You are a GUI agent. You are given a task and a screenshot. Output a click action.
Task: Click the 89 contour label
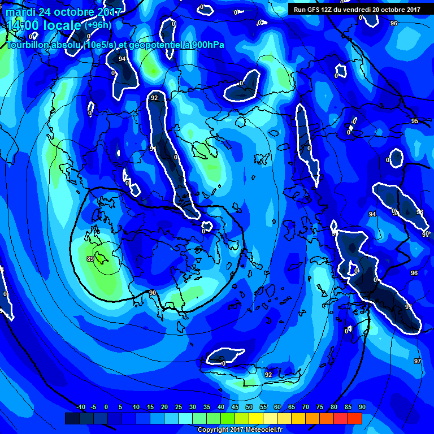[x=90, y=259]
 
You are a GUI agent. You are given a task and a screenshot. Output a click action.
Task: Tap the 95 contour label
[x=414, y=121]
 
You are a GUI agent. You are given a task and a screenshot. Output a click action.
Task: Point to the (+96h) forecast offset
[x=98, y=25]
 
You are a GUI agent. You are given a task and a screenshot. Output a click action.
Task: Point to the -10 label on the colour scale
[x=80, y=407]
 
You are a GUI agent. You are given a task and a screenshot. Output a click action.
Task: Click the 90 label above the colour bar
[x=362, y=407]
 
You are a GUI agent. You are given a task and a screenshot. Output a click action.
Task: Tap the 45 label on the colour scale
[x=235, y=407]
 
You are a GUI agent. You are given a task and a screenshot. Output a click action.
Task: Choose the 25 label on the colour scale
[x=179, y=407]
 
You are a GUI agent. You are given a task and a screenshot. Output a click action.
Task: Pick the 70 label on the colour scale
[x=306, y=407]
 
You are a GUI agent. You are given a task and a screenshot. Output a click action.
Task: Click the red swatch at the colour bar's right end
[x=354, y=418]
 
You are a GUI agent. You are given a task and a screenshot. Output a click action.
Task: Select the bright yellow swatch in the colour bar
[x=255, y=418]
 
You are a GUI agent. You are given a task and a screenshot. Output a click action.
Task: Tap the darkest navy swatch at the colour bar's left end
[x=72, y=418]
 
